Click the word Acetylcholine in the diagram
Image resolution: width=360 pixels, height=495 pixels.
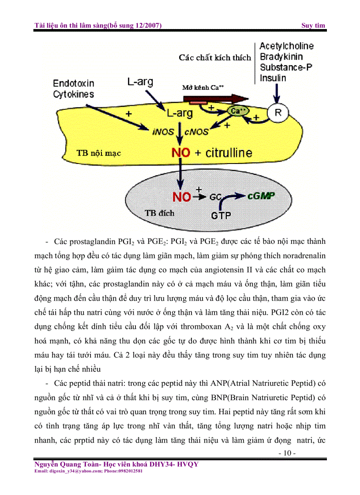point(286,46)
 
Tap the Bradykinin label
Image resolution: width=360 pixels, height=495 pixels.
point(281,57)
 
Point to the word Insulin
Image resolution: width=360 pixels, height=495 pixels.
point(273,78)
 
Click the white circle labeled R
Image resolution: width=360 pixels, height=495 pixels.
point(278,113)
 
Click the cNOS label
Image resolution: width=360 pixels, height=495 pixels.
point(197,131)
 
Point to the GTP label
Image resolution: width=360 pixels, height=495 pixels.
point(221,216)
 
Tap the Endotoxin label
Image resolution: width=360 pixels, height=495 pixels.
point(74,83)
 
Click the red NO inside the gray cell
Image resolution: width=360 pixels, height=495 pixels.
point(182,197)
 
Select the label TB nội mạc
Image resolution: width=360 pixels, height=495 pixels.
point(99,153)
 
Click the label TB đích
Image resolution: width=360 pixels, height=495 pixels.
point(159,213)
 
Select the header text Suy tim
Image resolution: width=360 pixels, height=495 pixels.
point(313,25)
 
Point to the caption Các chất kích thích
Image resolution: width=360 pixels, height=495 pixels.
point(215,58)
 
